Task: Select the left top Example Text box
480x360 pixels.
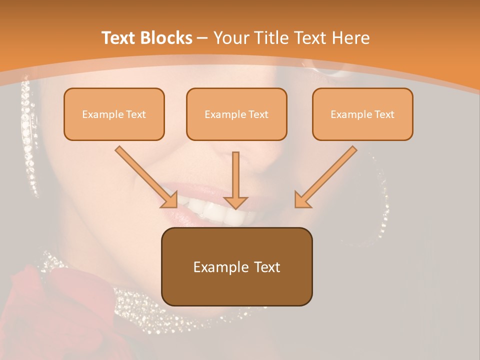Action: [114, 114]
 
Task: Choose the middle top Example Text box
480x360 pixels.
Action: [236, 114]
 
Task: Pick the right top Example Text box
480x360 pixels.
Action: [362, 114]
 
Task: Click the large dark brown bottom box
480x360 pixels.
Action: [236, 266]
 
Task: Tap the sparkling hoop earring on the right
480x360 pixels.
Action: [382, 210]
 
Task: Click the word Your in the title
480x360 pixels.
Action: [230, 38]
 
